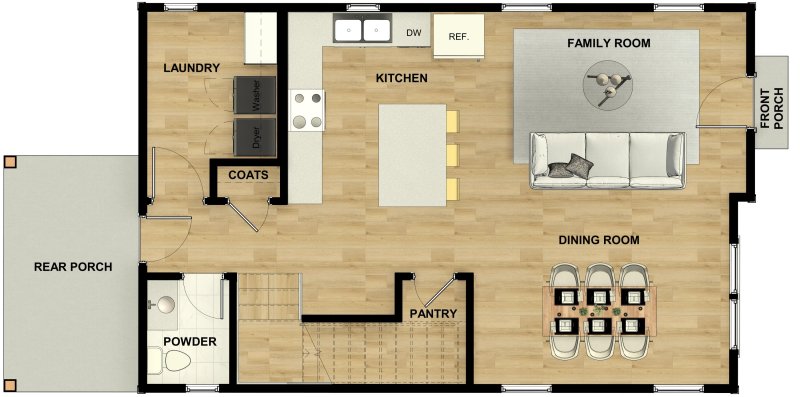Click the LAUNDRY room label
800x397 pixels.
tap(191, 68)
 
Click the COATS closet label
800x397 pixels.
tap(247, 175)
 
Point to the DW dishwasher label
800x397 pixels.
tap(413, 33)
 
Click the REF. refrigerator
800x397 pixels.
tap(459, 36)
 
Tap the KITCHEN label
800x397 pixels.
tap(401, 78)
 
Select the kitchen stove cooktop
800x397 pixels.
tap(308, 110)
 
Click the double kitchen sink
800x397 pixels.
tap(361, 31)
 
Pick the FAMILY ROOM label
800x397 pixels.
tap(608, 44)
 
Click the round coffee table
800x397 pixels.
tap(609, 83)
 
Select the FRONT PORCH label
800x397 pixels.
tap(771, 109)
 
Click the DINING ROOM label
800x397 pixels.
tap(598, 240)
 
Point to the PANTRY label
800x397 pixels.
tap(433, 314)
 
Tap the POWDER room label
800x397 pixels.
tap(190, 342)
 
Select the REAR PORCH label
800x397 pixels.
tap(72, 267)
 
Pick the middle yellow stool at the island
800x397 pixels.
tap(452, 155)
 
